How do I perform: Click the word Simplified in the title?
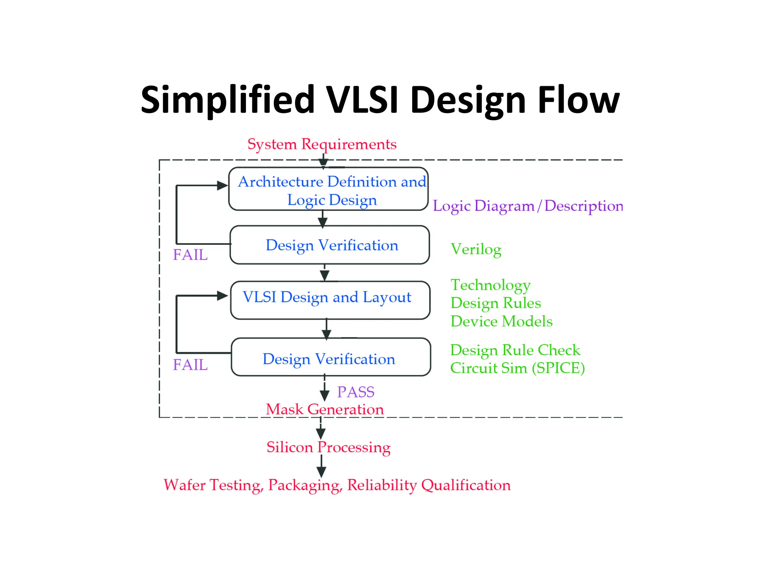point(227,100)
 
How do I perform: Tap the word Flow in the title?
point(578,100)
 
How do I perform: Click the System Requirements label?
point(322,144)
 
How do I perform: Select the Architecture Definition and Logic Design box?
point(328,189)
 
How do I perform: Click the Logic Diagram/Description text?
point(528,206)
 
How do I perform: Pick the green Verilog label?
point(476,249)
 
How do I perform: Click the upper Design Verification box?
point(330,245)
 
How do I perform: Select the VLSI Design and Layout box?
point(330,300)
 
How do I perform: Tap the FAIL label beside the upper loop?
point(190,255)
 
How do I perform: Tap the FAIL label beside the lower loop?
point(190,365)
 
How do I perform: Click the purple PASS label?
point(356,392)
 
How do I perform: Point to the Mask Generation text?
point(325,409)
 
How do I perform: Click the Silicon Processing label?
point(328,447)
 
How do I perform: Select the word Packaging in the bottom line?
point(304,485)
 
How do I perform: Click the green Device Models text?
point(501,321)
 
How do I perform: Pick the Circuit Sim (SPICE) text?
point(517,368)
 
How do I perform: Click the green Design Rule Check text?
point(515,350)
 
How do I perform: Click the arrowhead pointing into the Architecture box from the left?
point(222,185)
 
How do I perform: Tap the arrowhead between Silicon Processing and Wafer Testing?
point(321,472)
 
